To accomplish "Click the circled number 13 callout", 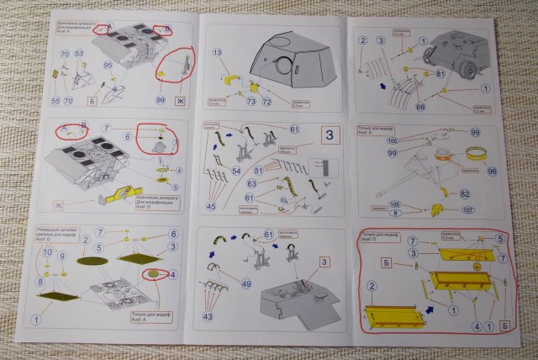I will tap(219, 53).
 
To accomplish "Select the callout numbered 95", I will tap(108, 65).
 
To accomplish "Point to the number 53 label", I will tap(79, 54).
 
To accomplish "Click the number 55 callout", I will tap(56, 101).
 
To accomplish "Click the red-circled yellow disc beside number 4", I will tap(155, 274).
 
